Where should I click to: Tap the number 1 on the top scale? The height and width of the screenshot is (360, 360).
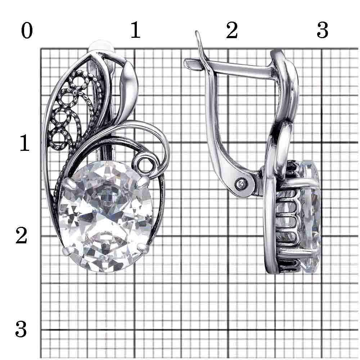coord(135,31)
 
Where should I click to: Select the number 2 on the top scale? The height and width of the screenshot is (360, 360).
coord(232,31)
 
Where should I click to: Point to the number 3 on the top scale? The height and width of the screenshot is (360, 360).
coord(322,31)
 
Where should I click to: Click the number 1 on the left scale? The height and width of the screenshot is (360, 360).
coord(24,144)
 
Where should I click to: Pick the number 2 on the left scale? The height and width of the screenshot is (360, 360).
coord(22,236)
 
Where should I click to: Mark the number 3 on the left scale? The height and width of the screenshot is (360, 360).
coord(21,329)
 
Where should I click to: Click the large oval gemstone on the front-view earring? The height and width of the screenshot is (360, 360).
coord(106,216)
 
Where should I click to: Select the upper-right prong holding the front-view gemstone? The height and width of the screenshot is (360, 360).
coord(144,181)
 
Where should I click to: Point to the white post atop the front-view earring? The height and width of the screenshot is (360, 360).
coord(102,46)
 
